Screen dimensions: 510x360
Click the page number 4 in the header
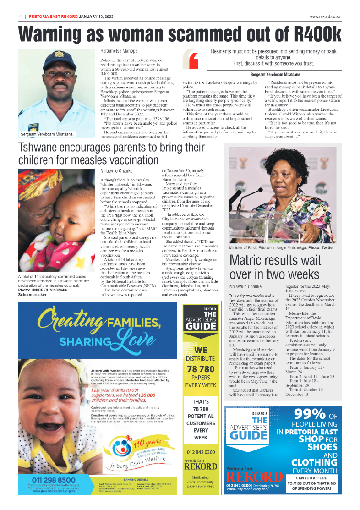(20, 16)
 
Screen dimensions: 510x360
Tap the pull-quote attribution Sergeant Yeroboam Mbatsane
(275, 74)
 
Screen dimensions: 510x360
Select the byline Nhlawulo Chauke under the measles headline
(117, 170)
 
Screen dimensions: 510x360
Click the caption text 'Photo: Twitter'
(321, 247)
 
